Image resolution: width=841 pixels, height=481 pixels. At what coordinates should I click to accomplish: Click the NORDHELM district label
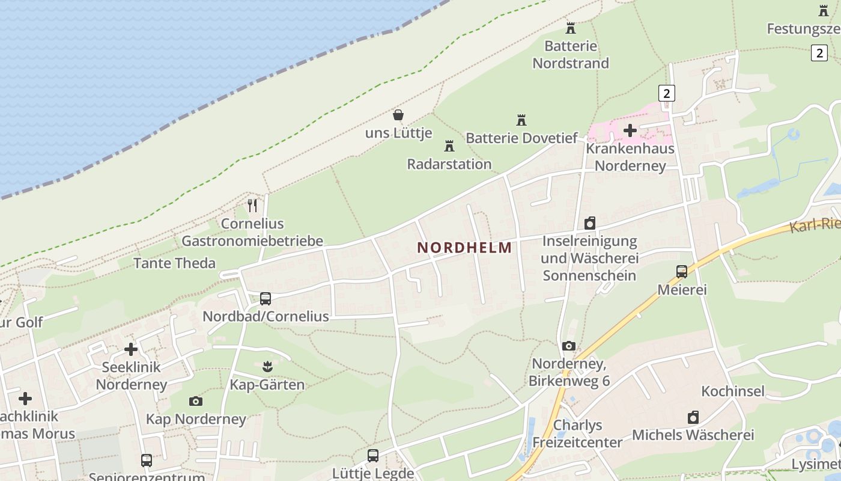(x=464, y=247)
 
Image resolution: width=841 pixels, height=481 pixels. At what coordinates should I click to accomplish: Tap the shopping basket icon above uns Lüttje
(x=398, y=114)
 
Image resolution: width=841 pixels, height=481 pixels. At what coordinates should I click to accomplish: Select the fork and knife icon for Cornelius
(x=252, y=206)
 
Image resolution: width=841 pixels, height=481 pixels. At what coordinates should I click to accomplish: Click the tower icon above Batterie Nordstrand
(x=570, y=28)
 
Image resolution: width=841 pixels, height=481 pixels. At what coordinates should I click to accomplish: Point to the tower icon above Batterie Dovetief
(x=521, y=120)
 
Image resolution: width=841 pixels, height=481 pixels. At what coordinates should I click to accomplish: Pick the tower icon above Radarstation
(x=449, y=146)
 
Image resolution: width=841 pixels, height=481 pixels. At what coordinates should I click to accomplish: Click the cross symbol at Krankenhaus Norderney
(x=630, y=130)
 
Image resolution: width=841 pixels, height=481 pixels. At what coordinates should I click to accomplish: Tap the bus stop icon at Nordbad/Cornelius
(x=265, y=298)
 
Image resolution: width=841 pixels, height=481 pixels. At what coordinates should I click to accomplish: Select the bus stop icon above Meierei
(x=681, y=271)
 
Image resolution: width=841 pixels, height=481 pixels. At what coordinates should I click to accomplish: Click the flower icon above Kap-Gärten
(x=267, y=366)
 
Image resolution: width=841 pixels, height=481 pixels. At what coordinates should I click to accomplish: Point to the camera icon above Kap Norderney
(x=195, y=401)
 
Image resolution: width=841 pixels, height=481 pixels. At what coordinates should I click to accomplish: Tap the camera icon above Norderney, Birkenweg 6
(x=568, y=346)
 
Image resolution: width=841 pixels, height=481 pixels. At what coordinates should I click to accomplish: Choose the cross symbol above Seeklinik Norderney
(x=130, y=349)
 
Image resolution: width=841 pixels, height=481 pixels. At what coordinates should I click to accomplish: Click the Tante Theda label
(x=174, y=263)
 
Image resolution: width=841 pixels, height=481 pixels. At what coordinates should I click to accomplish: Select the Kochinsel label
(x=733, y=391)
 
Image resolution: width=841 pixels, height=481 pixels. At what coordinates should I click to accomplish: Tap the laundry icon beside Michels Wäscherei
(x=693, y=417)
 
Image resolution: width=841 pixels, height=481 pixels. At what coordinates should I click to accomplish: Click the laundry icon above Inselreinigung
(x=589, y=223)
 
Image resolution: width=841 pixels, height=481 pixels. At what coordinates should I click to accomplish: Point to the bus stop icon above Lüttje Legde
(x=372, y=455)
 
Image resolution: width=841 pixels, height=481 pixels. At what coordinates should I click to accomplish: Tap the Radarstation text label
(x=449, y=164)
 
